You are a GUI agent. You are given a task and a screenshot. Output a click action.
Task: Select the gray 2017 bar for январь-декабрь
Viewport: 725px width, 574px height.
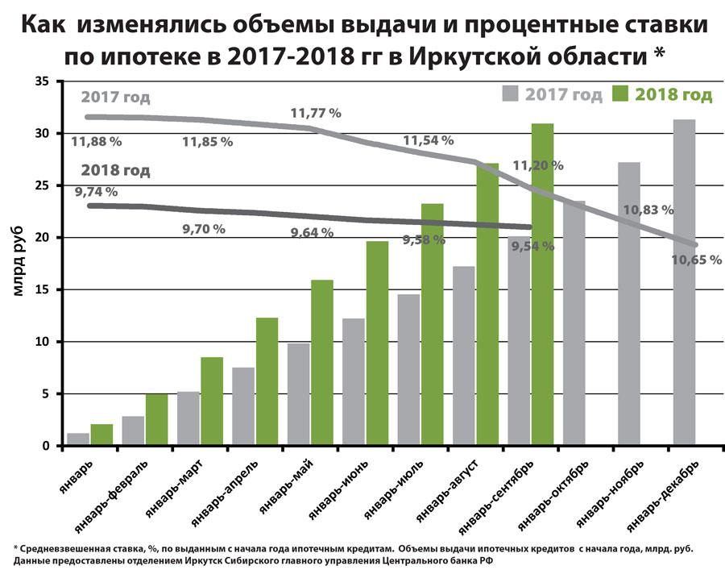[684, 282]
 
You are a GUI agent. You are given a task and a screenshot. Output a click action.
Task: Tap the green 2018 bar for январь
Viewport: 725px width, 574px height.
[101, 435]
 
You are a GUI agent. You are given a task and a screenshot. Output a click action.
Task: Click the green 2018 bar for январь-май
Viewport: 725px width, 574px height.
[322, 363]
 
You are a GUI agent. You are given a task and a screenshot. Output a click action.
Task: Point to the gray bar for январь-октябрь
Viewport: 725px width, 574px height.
[574, 322]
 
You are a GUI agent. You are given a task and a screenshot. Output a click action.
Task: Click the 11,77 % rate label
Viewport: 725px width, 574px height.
[316, 113]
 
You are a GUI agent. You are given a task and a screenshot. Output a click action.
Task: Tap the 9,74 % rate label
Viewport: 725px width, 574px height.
[95, 192]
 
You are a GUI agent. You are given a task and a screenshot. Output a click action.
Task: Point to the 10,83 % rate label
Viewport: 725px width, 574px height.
[648, 210]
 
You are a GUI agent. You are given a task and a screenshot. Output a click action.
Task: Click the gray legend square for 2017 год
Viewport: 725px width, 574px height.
[510, 94]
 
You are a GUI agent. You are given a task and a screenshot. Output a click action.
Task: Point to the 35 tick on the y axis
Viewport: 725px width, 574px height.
[43, 81]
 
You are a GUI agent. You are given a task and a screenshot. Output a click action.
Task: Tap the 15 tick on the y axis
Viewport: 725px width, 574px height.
[43, 289]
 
